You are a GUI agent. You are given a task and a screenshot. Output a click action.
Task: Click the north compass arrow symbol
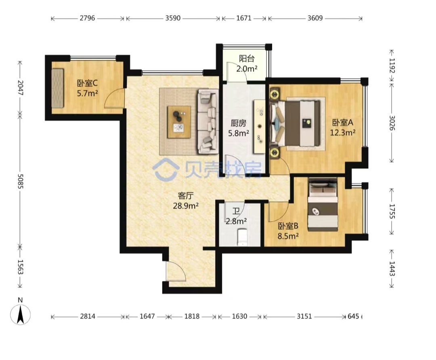pyautogui.click(x=20, y=314)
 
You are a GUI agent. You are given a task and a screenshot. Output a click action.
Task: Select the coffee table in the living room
pyautogui.click(x=179, y=122)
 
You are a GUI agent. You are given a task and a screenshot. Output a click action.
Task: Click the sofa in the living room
pyautogui.click(x=208, y=121)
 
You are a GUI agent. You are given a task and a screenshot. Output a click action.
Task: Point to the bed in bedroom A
pyautogui.click(x=295, y=123)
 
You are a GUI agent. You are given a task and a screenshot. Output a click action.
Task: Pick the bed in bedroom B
pyautogui.click(x=323, y=204)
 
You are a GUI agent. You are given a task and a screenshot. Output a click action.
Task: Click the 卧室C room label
pyautogui.click(x=87, y=83)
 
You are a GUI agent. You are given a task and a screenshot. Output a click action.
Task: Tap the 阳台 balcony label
pyautogui.click(x=247, y=59)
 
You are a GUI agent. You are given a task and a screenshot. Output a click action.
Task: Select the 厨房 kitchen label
pyautogui.click(x=239, y=123)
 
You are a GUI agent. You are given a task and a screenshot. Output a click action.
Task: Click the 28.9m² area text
pyautogui.click(x=186, y=206)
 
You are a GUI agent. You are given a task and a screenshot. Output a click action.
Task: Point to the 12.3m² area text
pyautogui.click(x=343, y=133)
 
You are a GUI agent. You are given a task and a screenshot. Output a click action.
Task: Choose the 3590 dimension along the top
pyautogui.click(x=173, y=18)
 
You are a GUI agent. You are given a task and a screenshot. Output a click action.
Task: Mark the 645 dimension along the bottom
pyautogui.click(x=353, y=316)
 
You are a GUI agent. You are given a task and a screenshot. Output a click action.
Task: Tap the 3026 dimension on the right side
pyautogui.click(x=392, y=123)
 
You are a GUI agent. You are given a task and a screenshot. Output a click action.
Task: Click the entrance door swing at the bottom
pyautogui.click(x=176, y=271)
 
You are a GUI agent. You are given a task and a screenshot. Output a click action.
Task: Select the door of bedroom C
pyautogui.click(x=114, y=98)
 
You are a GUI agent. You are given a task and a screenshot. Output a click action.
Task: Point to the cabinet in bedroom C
pyautogui.click(x=58, y=88)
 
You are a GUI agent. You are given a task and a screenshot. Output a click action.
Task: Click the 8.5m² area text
pyautogui.click(x=288, y=236)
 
